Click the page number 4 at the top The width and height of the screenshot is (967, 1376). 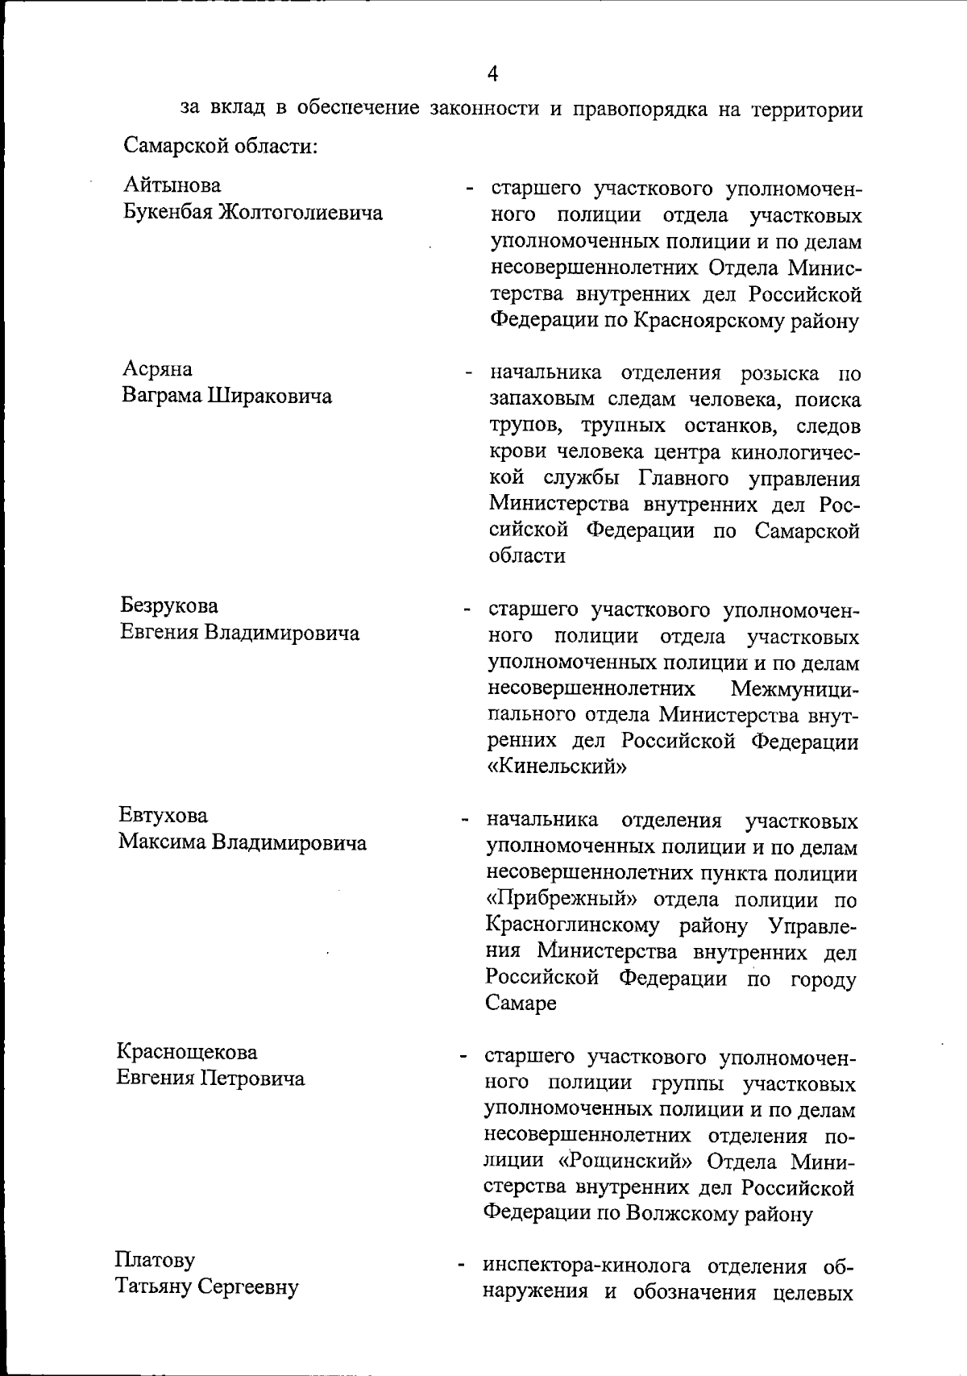(x=492, y=73)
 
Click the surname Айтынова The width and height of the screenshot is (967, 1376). (x=172, y=185)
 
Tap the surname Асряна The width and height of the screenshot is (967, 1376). (x=157, y=369)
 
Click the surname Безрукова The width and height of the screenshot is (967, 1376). (x=169, y=605)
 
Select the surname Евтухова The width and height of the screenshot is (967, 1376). (x=164, y=816)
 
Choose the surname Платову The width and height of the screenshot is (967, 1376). (x=155, y=1259)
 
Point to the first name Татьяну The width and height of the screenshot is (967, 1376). (x=154, y=1287)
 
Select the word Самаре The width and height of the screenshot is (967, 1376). (x=521, y=1004)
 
